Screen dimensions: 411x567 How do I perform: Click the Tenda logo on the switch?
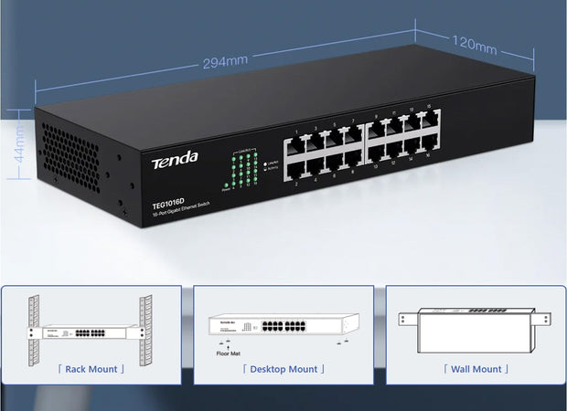click(x=174, y=162)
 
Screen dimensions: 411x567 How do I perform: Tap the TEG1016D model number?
click(x=169, y=204)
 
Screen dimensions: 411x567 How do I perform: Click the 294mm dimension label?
click(x=225, y=61)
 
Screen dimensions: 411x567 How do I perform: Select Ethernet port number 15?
click(x=427, y=120)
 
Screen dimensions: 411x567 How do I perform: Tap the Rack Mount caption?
click(x=91, y=369)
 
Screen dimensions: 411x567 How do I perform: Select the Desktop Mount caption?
click(x=283, y=369)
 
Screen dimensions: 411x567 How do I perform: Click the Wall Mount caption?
click(x=476, y=369)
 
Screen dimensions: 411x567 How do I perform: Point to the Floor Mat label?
click(x=230, y=351)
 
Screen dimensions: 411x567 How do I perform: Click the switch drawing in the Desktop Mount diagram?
click(x=283, y=324)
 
